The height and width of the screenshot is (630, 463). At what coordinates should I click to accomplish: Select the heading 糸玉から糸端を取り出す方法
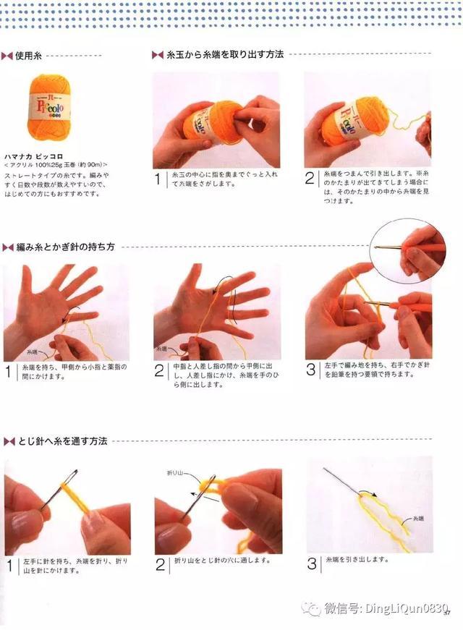click(224, 54)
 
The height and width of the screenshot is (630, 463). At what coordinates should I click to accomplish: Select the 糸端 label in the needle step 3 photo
click(418, 519)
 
